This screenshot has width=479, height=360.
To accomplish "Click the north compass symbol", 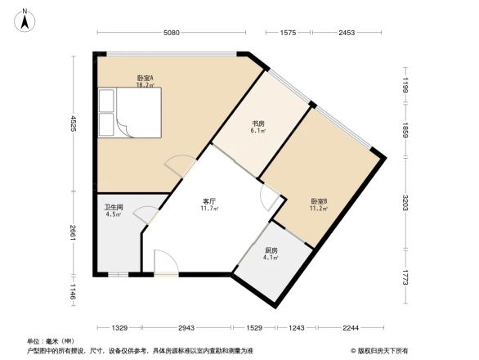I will point(25,20).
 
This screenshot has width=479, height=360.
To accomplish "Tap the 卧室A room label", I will point(146,79).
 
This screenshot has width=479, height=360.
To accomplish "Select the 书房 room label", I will point(258,125).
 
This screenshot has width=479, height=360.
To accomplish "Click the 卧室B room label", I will point(319,201).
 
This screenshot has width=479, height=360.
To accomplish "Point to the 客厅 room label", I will point(210,201).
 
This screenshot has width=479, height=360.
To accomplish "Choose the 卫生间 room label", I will point(114,208).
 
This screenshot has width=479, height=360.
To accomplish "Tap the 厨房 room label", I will point(271,251).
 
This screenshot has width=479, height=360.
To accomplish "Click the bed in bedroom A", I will point(130,112).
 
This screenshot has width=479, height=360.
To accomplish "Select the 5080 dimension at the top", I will point(171,33).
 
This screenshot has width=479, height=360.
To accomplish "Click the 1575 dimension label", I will point(288,33).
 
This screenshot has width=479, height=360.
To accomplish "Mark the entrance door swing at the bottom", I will point(163,262).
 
